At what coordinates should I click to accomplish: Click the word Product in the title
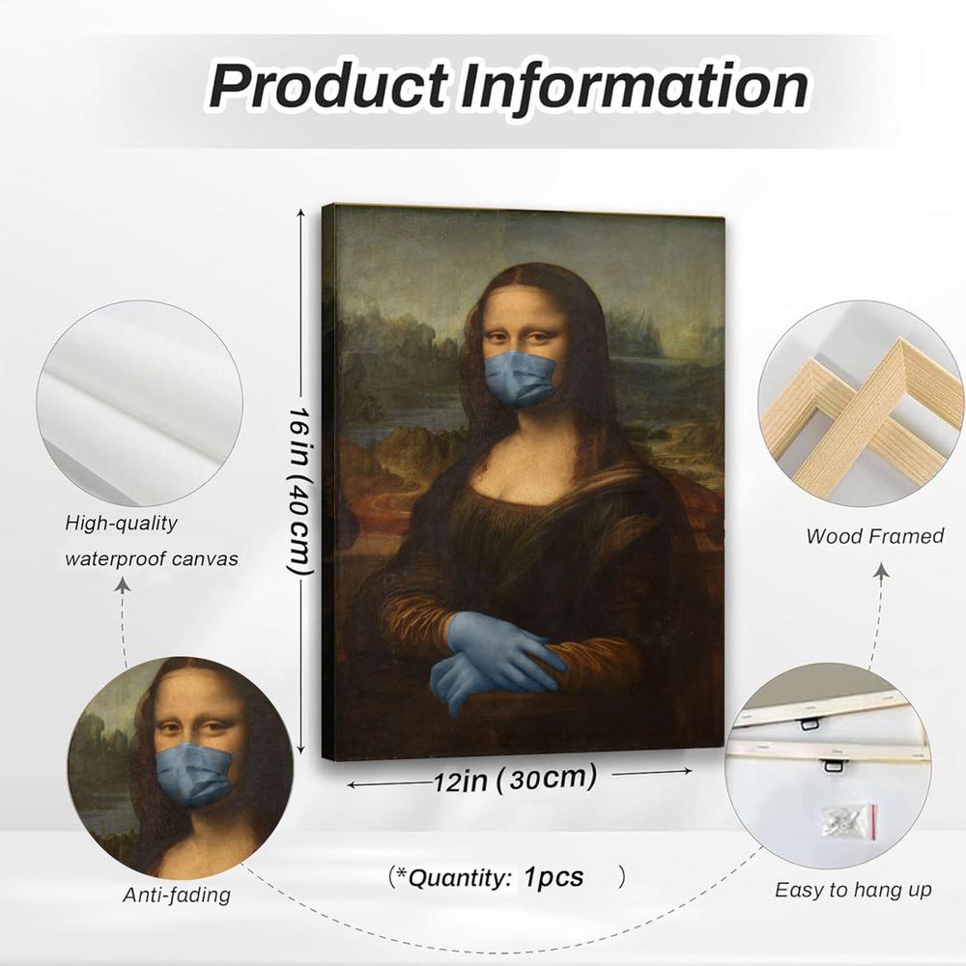pyautogui.click(x=327, y=86)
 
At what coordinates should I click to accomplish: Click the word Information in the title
pyautogui.click(x=633, y=86)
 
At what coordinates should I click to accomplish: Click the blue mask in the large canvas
pyautogui.click(x=520, y=378)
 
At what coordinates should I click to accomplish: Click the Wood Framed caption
pyautogui.click(x=874, y=535)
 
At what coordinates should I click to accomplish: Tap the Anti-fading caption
pyautogui.click(x=177, y=895)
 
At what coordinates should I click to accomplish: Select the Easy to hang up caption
pyautogui.click(x=853, y=890)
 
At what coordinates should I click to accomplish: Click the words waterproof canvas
pyautogui.click(x=151, y=558)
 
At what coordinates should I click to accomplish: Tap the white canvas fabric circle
pyautogui.click(x=139, y=402)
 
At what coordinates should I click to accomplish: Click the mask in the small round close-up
pyautogui.click(x=193, y=772)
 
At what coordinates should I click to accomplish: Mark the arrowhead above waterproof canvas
pyautogui.click(x=123, y=584)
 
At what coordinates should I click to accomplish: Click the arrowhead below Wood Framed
pyautogui.click(x=881, y=572)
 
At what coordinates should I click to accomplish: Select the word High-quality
pyautogui.click(x=122, y=524)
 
